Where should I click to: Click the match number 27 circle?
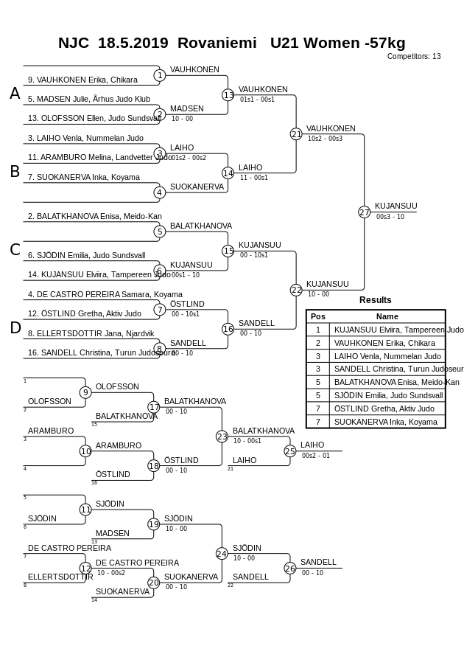(x=364, y=212)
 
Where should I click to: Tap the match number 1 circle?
(x=159, y=75)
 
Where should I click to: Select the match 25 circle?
(x=290, y=451)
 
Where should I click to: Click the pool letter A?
(x=15, y=94)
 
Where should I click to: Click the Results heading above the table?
(x=375, y=300)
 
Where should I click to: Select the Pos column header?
(x=317, y=316)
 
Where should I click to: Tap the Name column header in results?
(x=387, y=316)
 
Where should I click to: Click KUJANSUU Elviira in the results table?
(x=398, y=330)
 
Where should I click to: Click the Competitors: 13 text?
(x=414, y=56)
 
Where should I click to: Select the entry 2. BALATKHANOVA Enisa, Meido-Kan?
(x=94, y=216)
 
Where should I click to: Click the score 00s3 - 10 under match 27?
(x=390, y=217)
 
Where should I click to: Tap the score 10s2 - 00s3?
(x=325, y=139)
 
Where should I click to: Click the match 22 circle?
(x=296, y=290)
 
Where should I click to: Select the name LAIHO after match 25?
(x=312, y=445)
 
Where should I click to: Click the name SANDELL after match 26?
(x=318, y=562)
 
